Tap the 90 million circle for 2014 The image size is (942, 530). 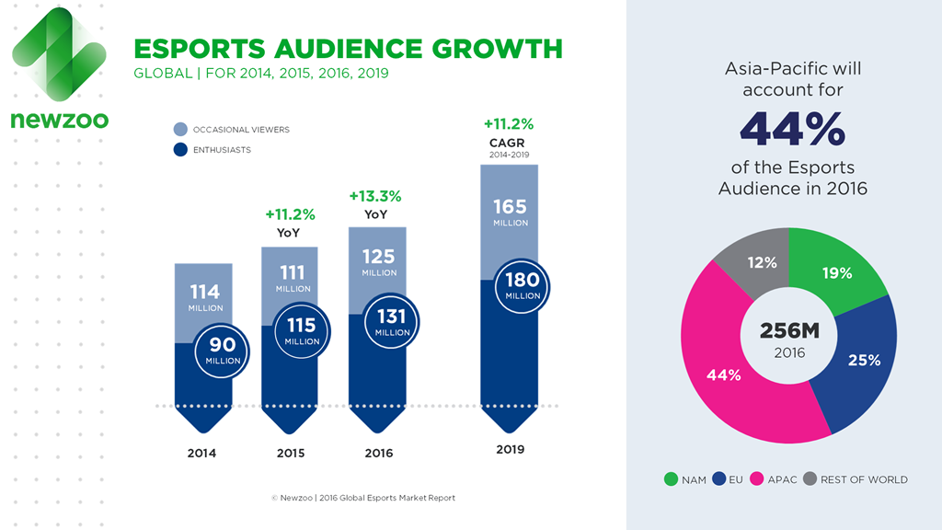tap(223, 350)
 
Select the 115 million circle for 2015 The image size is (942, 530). tap(301, 331)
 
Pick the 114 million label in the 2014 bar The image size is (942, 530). tap(205, 296)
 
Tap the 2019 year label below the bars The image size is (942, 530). tap(510, 450)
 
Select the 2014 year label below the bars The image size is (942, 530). tap(202, 453)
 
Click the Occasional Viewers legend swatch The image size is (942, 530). tap(180, 130)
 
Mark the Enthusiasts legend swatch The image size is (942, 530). tap(180, 149)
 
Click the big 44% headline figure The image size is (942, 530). tap(792, 130)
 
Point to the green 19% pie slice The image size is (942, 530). tap(839, 273)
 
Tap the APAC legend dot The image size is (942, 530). tap(760, 479)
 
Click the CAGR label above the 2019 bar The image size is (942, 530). tap(509, 142)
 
